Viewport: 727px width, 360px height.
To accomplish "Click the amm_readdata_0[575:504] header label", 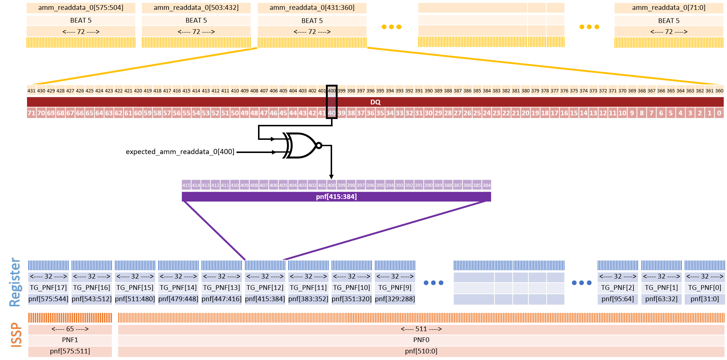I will (81, 8).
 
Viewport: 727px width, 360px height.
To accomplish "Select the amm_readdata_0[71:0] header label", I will (669, 8).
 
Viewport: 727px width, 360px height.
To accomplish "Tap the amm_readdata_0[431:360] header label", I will (312, 8).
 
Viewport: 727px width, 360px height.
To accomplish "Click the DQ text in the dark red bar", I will (375, 102).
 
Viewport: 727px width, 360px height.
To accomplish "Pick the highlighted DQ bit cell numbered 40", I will (331, 113).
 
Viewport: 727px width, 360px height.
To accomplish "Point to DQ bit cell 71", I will (31, 113).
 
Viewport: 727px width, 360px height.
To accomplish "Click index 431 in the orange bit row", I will (31, 91).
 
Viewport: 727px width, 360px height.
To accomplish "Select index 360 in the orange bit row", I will (719, 91).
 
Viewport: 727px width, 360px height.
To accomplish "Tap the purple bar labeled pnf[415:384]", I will (336, 197).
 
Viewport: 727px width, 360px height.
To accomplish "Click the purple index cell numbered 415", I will (186, 185).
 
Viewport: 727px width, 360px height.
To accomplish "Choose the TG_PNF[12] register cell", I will (265, 288).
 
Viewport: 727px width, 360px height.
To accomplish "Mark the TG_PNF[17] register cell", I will (48, 288).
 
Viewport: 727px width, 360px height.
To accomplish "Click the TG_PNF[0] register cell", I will (704, 288).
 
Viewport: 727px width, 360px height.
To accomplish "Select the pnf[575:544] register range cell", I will (48, 299).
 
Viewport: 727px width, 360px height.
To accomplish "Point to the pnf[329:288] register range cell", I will (395, 299).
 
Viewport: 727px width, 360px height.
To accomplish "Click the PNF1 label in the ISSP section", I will (70, 340).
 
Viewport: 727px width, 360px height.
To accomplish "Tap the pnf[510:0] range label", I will (421, 351).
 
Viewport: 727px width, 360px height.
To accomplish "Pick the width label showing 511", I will (421, 329).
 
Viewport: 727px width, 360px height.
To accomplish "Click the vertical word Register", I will (15, 282).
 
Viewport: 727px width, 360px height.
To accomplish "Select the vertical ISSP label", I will (17, 334).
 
